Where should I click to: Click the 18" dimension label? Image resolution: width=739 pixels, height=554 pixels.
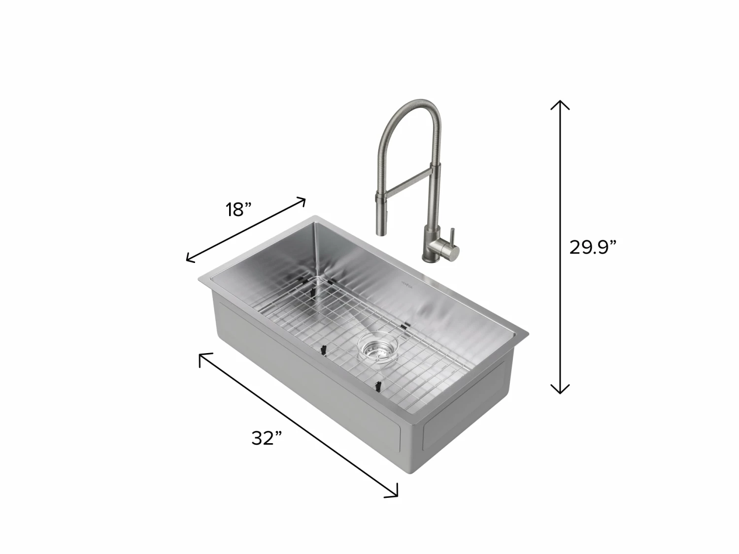239,210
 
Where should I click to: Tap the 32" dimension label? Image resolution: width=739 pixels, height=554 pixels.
267,437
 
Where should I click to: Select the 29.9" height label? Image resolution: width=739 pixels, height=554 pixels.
593,248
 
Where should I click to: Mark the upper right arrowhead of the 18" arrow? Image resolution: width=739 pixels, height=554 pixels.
301,201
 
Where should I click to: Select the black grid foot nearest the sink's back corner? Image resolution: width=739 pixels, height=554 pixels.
312,291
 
